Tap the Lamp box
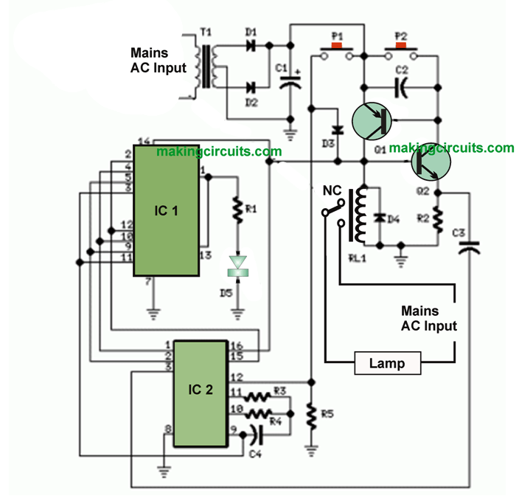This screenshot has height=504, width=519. (x=388, y=363)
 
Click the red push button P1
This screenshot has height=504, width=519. (x=338, y=47)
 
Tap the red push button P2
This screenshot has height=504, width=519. (x=402, y=47)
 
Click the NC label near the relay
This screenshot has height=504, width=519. (x=332, y=190)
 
